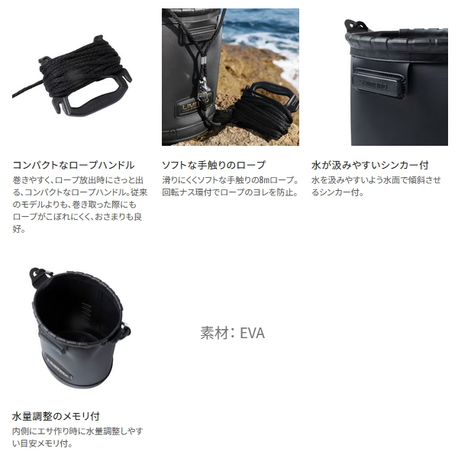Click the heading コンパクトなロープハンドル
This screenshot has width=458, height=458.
tap(73, 165)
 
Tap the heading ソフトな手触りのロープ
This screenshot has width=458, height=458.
tap(214, 165)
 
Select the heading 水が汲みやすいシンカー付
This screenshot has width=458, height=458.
tap(369, 165)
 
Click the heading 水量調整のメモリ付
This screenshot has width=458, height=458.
tap(56, 416)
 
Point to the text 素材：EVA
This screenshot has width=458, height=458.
tap(233, 333)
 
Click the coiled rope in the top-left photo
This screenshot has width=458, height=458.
tap(81, 67)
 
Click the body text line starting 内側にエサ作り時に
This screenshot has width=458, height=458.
tap(78, 431)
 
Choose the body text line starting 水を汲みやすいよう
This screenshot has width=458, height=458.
tap(376, 180)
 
